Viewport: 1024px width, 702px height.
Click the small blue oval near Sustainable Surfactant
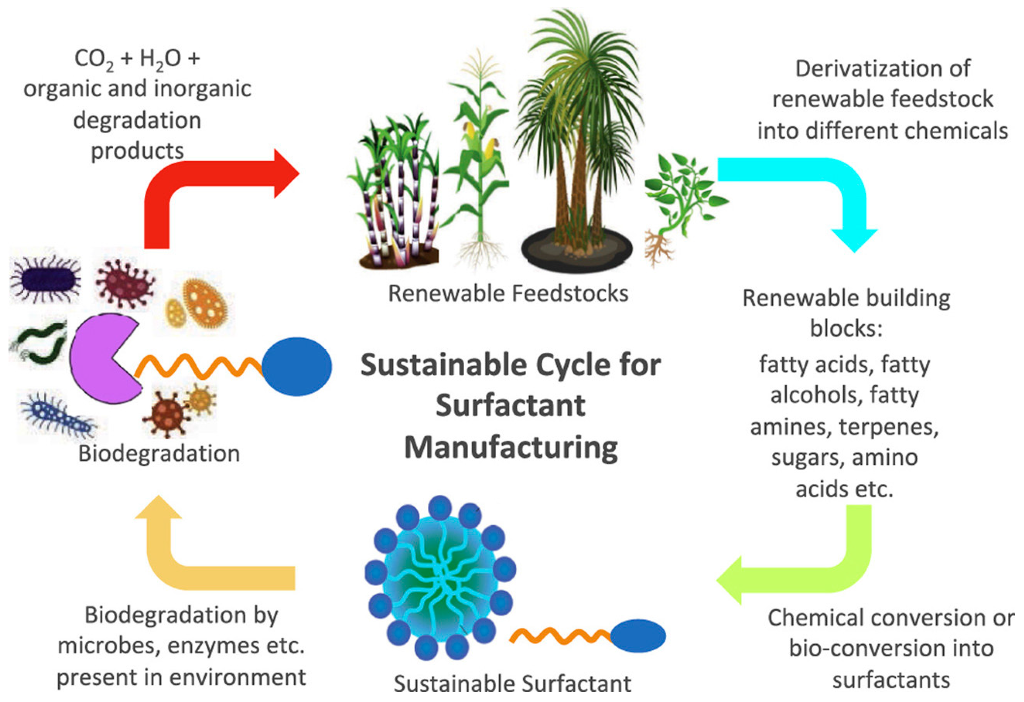coord(637,635)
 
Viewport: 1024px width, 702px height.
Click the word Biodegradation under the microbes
coord(159,453)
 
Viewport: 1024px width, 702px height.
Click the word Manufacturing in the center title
coord(511,448)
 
